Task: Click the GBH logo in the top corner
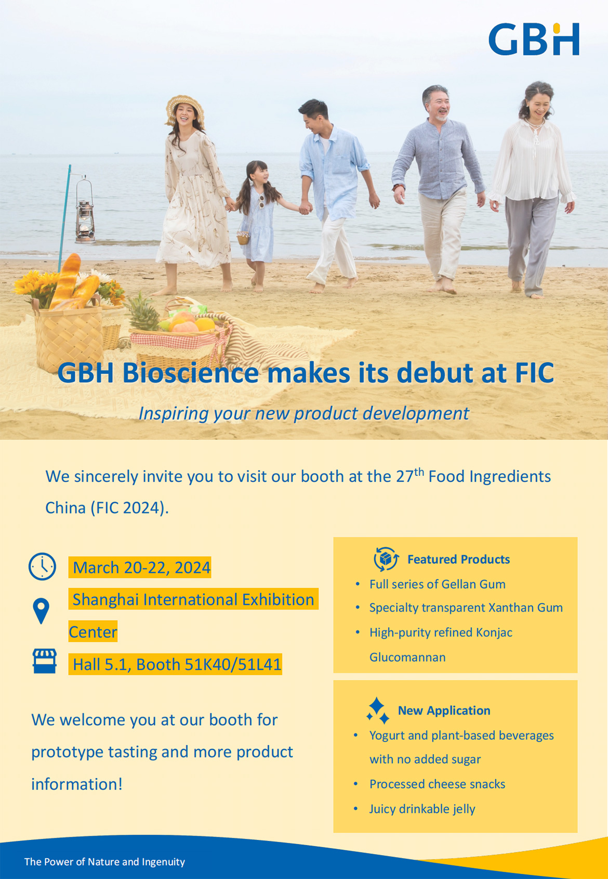tap(534, 39)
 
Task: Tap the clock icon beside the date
tap(42, 566)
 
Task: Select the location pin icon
tap(41, 611)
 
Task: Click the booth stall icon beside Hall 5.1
tap(45, 661)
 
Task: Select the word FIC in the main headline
tap(534, 372)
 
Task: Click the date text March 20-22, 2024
tap(141, 567)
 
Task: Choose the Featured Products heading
tap(458, 559)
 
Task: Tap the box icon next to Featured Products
tap(386, 559)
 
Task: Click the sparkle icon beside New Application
tap(377, 710)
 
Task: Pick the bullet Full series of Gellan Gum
tap(437, 584)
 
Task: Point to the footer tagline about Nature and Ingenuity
tap(104, 862)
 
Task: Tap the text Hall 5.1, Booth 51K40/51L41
tap(177, 664)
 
